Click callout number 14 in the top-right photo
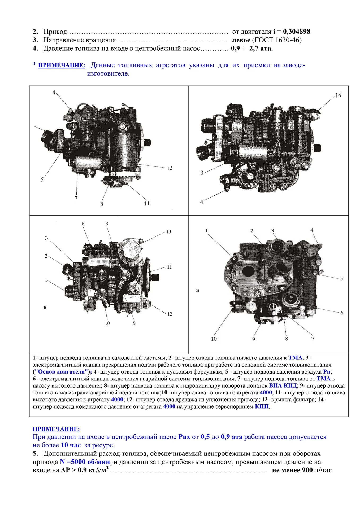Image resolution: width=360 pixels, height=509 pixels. (x=338, y=95)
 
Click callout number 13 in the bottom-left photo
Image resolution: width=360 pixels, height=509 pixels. (x=169, y=232)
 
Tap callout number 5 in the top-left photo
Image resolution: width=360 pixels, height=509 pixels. (x=42, y=179)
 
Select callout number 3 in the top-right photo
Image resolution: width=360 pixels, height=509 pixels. (x=202, y=173)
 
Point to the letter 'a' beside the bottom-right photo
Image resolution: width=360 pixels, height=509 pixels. (x=197, y=290)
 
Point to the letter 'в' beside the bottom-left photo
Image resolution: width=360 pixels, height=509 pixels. (x=45, y=308)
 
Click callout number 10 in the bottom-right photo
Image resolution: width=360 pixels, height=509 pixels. (x=214, y=339)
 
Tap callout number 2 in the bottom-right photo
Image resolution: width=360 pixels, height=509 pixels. (x=252, y=231)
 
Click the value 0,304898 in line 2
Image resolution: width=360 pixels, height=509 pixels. (x=297, y=32)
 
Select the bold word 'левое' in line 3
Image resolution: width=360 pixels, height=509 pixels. (x=241, y=40)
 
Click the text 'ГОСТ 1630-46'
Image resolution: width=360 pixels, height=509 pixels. (x=277, y=40)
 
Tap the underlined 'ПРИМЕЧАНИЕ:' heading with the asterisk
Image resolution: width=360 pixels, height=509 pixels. (x=62, y=65)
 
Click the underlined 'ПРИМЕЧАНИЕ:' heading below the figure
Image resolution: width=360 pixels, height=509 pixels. (x=56, y=429)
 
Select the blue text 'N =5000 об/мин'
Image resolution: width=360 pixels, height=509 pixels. (x=85, y=462)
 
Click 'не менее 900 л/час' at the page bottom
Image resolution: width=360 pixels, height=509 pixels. (x=302, y=470)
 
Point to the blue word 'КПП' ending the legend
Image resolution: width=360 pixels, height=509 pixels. (x=262, y=406)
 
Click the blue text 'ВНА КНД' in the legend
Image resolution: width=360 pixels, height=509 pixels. (x=283, y=386)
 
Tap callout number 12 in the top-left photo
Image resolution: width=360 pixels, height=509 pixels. (x=170, y=168)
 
